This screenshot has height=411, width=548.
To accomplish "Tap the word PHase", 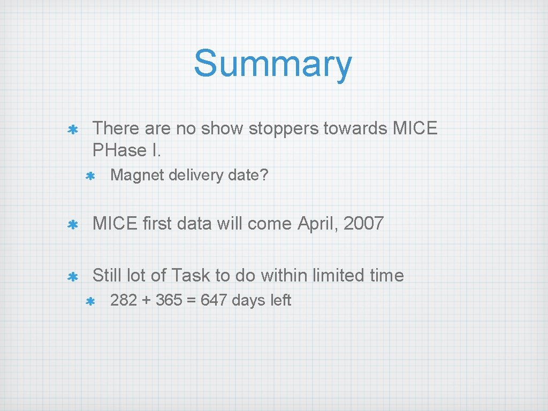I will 120,150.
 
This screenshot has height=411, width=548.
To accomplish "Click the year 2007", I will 364,223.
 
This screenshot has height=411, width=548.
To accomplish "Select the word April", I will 318,223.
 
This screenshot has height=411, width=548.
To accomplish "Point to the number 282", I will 124,300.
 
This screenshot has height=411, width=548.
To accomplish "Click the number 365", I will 169,300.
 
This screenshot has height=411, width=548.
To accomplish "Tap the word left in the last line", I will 280,300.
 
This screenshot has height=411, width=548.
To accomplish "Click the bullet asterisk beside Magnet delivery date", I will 90,176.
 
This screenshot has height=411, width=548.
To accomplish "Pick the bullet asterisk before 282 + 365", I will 90,301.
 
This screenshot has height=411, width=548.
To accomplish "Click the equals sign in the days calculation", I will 191,301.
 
